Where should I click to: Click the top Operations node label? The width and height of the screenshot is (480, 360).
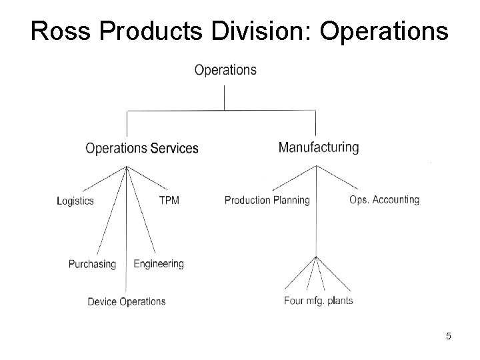pos(225,70)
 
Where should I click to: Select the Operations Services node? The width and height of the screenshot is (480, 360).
pos(142,148)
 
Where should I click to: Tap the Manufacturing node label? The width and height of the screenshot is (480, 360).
pos(318,147)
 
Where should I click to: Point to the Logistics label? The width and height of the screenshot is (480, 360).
pos(75,201)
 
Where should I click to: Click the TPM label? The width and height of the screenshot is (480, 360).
pos(169,200)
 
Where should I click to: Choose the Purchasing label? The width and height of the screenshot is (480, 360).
pos(92,264)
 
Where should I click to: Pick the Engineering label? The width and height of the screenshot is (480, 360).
pos(159,263)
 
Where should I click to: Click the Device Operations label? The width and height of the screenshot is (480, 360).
pos(127,301)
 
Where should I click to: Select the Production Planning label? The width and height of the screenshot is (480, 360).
pos(267,200)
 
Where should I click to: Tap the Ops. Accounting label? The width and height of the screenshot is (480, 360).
pos(384,199)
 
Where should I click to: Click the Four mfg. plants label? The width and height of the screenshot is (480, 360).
pos(319,300)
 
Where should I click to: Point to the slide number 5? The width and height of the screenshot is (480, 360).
pos(449,336)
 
